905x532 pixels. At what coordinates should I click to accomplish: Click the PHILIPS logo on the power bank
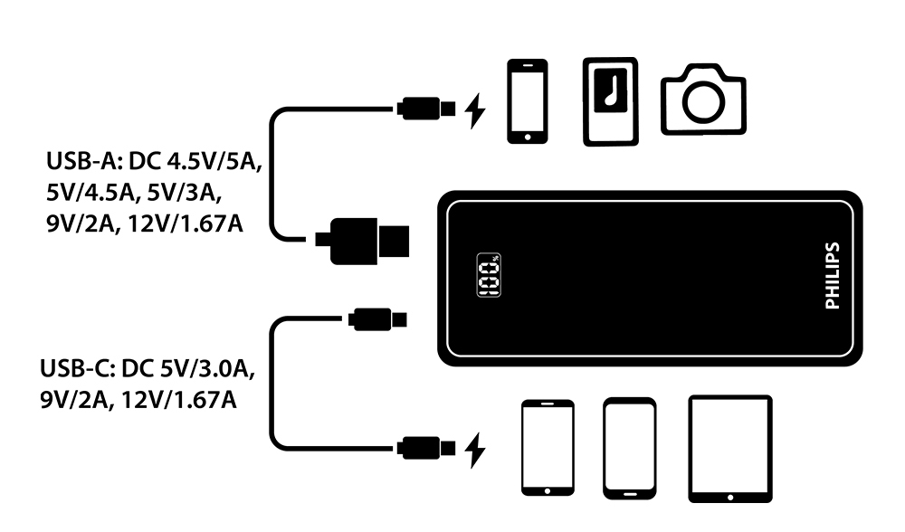(x=834, y=276)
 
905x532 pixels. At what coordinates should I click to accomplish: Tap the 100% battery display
(x=488, y=275)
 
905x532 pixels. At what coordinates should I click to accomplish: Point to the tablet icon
(x=729, y=448)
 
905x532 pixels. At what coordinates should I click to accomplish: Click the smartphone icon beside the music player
(x=527, y=101)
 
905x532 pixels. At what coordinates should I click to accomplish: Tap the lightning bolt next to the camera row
(x=474, y=110)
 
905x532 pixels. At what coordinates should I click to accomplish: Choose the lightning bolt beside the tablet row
(x=474, y=448)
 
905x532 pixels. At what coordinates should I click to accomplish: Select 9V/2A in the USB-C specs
(x=71, y=399)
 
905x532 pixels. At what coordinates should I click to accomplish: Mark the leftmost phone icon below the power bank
(x=548, y=448)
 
